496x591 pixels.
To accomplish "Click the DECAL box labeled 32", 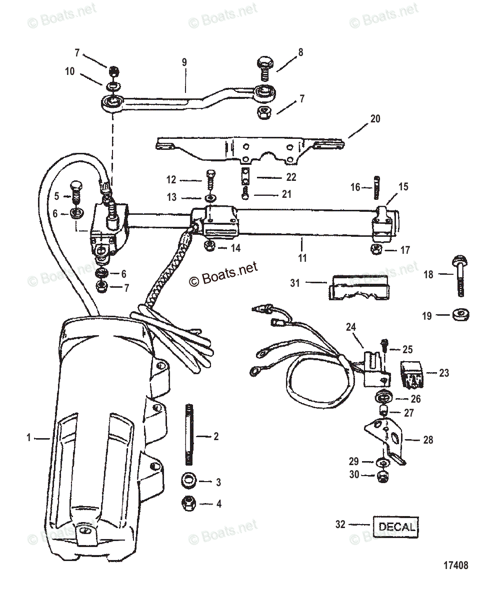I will click(396, 526).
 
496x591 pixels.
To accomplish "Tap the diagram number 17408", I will click(455, 566).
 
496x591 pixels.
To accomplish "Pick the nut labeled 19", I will click(458, 315).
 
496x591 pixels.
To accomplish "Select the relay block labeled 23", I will click(413, 374).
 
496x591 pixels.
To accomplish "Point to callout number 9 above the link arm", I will click(184, 62).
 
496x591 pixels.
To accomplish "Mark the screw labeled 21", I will click(244, 193).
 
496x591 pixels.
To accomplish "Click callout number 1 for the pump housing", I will click(28, 438).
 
